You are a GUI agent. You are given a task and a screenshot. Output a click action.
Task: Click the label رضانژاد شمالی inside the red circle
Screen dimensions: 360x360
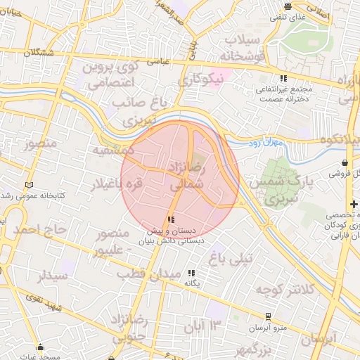(187, 176)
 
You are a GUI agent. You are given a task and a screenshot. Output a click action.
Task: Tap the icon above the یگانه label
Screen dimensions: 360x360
(192, 273)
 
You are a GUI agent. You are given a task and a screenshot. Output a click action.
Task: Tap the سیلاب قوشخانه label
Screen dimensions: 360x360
(242, 47)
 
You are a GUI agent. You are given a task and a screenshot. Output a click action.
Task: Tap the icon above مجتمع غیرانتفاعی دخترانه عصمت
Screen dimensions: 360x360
(283, 79)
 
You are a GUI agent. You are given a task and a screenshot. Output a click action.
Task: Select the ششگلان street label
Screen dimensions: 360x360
(38, 53)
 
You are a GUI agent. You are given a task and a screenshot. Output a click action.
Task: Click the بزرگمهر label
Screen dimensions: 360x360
(254, 349)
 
